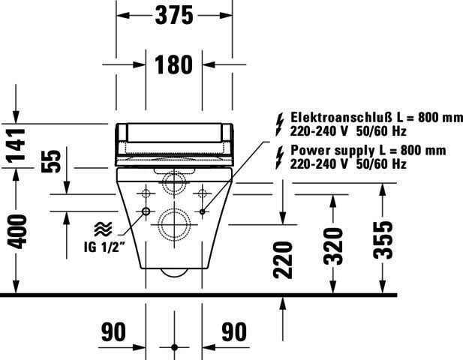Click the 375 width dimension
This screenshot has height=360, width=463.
coord(174,15)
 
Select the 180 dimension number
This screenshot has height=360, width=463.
coord(173,64)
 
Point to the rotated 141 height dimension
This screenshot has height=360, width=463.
coord(17,145)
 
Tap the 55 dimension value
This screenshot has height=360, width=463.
coord(51,161)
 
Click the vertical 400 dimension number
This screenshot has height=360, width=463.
coord(17,232)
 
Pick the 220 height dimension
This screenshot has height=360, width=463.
coord(283,260)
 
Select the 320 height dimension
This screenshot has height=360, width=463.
coord(333,246)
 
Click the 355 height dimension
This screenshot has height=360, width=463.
coord(383,240)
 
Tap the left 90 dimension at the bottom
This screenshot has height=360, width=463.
coord(113,331)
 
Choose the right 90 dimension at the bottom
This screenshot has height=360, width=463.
coord(234,331)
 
